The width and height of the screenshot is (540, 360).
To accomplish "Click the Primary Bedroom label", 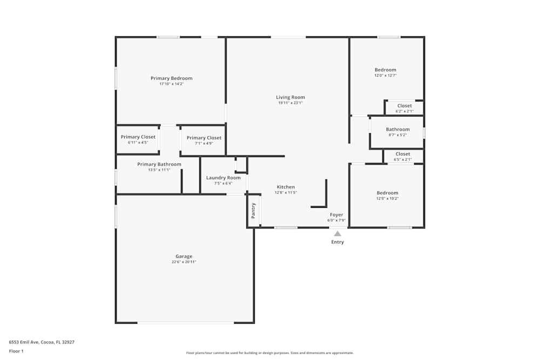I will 171,78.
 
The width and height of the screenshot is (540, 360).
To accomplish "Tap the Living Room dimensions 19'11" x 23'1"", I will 291,103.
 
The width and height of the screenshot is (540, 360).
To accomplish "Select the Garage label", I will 184,256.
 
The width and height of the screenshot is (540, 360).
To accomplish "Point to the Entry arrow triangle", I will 337,234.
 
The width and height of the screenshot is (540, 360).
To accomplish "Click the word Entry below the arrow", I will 337,242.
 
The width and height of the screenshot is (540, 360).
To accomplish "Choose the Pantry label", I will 253,210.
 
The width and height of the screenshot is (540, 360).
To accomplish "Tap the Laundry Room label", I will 223,178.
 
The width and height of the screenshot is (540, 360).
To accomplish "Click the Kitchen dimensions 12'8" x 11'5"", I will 286,193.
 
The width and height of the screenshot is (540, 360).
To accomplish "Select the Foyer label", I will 336,215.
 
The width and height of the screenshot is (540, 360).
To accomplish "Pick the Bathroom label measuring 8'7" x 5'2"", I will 397,130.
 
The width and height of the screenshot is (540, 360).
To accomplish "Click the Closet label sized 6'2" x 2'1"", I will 404,106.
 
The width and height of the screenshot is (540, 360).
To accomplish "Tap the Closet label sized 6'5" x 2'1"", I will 402,154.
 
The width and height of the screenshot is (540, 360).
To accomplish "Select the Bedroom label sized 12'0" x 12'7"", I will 386,70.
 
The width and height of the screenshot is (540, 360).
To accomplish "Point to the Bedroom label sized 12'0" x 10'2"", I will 387,193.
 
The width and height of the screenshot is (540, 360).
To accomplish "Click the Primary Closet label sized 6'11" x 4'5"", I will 138,137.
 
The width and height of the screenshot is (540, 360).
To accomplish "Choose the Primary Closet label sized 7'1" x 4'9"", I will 204,138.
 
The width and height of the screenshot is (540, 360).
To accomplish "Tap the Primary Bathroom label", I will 159,164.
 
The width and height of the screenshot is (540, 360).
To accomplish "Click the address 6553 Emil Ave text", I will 42,342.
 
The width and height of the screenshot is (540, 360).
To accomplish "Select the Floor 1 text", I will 16,351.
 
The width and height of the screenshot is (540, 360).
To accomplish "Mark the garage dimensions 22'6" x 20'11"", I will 184,262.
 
